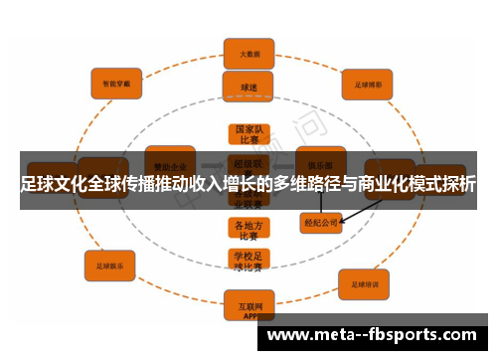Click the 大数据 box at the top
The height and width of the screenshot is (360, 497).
248,52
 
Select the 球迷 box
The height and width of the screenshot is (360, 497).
248,87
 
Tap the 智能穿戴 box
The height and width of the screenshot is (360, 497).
117,84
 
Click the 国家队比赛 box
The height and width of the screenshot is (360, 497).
248,134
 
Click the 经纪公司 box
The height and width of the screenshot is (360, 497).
320,224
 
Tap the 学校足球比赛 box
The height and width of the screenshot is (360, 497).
248,261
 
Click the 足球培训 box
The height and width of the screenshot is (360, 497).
369,285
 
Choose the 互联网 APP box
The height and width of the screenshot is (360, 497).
248,309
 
